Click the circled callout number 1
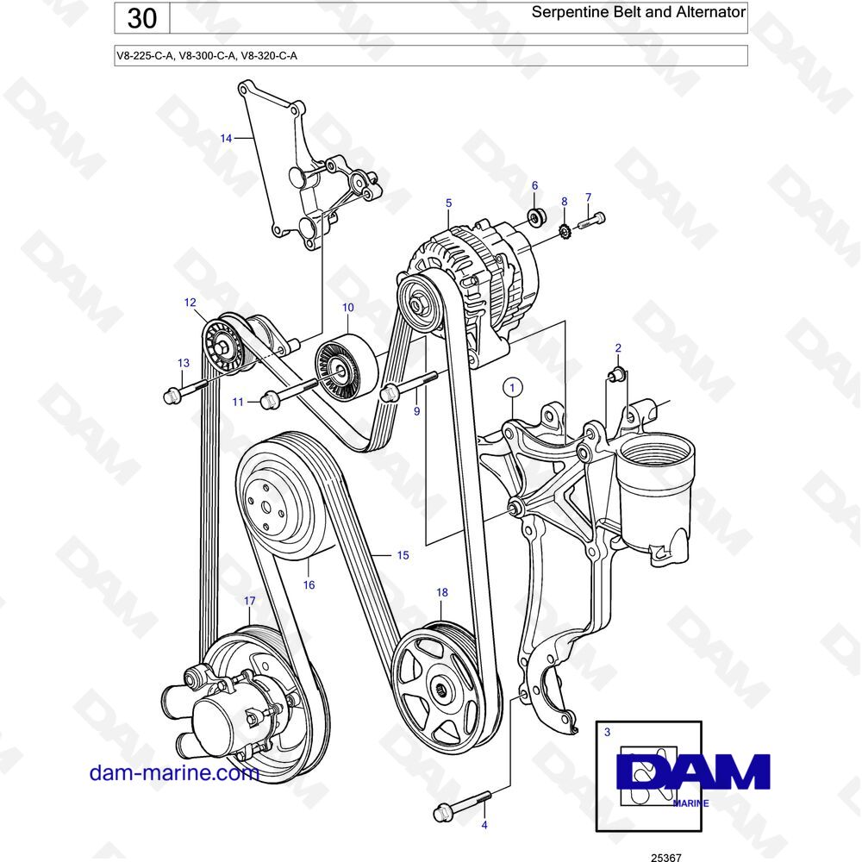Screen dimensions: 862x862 (x=512, y=388)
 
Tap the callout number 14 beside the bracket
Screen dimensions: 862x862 (x=226, y=139)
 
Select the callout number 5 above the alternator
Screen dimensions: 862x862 (x=448, y=203)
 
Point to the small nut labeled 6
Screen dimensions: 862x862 (x=535, y=216)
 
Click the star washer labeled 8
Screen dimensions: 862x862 (x=562, y=231)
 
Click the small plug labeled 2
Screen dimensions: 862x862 (x=617, y=374)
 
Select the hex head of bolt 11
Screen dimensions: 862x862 (x=269, y=400)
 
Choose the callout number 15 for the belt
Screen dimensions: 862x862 (x=403, y=555)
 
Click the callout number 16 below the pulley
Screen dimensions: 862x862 (x=309, y=585)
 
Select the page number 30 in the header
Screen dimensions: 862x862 (x=142, y=18)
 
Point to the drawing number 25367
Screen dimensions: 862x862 (x=665, y=857)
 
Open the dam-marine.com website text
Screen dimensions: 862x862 (x=174, y=772)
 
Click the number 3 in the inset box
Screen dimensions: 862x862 (x=608, y=732)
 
